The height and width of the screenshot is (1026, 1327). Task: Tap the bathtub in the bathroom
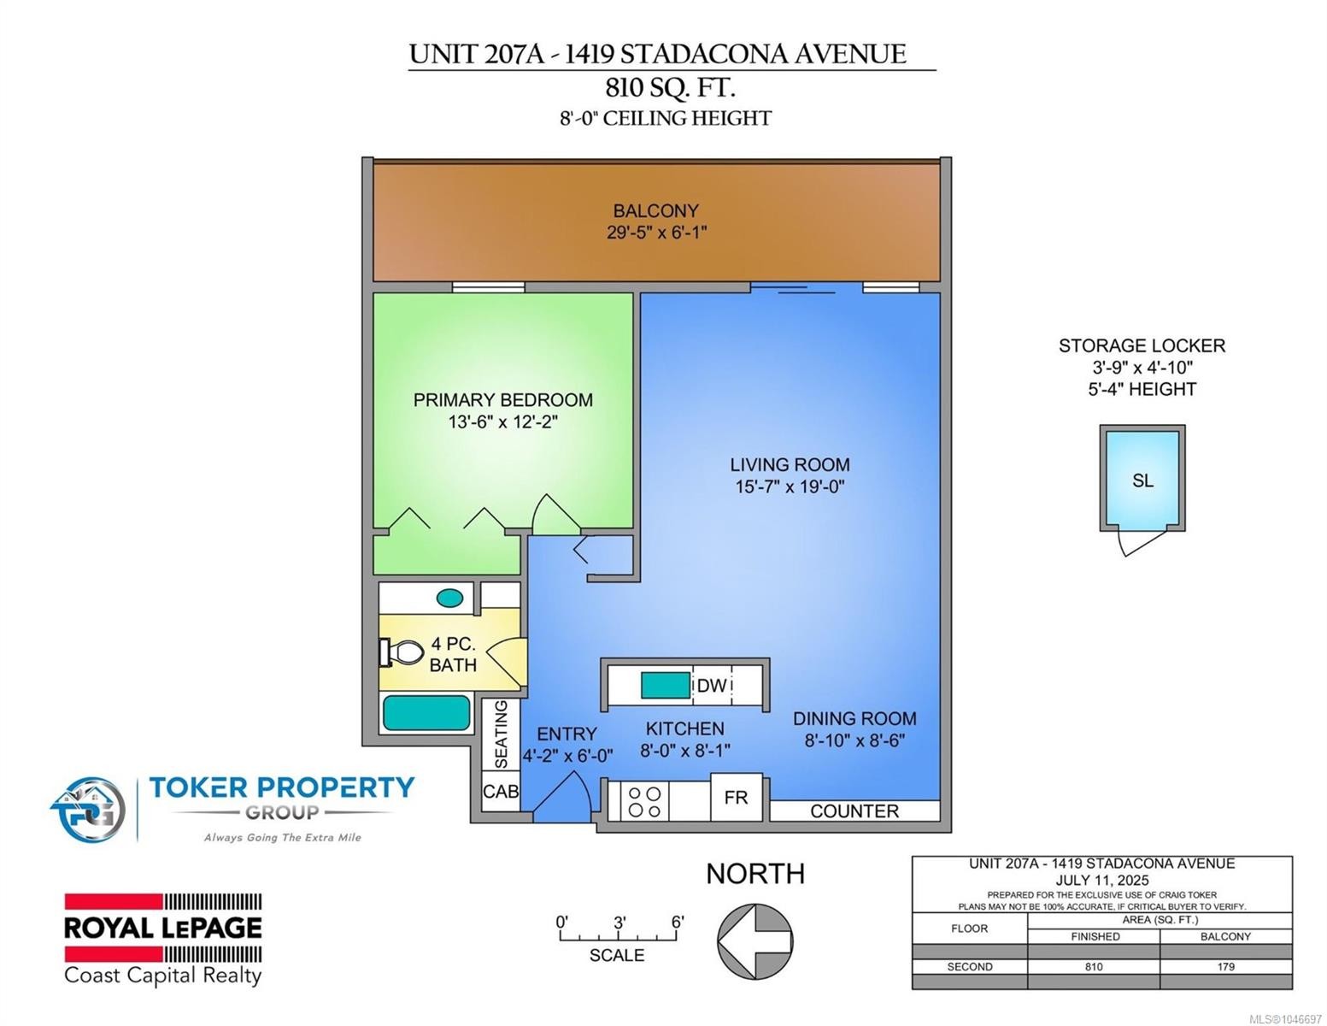[x=427, y=713]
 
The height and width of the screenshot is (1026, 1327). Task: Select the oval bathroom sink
[x=450, y=598]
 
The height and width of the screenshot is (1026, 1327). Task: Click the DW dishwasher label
[x=712, y=686]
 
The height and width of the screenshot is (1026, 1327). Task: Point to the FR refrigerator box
[x=737, y=798]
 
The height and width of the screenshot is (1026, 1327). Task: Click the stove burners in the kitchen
[x=644, y=802]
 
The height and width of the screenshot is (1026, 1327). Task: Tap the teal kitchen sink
[x=665, y=685]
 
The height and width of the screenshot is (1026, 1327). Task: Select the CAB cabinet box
[x=500, y=792]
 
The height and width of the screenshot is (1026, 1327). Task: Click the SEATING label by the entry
[x=501, y=734]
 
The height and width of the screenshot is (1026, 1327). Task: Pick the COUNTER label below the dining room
[x=854, y=811]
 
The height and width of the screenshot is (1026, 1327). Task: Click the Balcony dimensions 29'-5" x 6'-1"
[x=656, y=233]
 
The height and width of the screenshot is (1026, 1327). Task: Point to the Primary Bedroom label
[x=503, y=399]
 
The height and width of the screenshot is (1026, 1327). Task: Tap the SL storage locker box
[x=1142, y=477]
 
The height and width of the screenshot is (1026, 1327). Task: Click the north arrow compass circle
[x=755, y=941]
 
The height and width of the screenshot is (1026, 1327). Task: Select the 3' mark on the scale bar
[x=619, y=922]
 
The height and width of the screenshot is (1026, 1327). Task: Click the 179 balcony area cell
[x=1225, y=967]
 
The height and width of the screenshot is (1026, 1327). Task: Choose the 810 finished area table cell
[x=1094, y=967]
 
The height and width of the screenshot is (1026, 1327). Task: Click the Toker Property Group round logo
[x=89, y=810]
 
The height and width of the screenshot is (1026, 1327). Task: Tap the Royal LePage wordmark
[x=163, y=929]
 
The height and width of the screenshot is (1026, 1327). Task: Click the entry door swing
[x=562, y=796]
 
